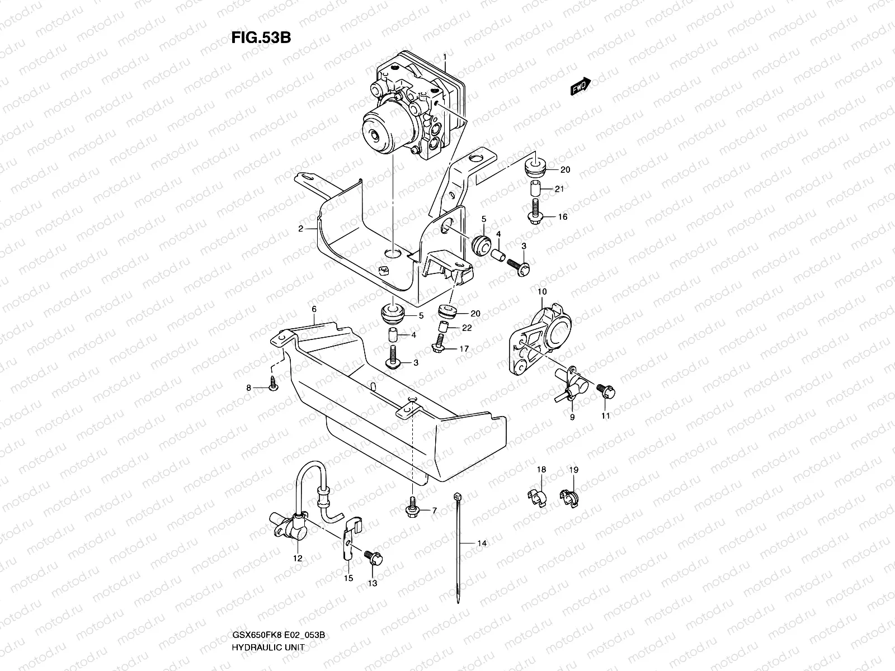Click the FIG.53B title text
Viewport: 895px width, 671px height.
coord(261,37)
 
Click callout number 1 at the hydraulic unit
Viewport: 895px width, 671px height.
coord(445,57)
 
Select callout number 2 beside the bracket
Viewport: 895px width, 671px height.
coord(300,229)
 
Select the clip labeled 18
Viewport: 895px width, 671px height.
coord(537,497)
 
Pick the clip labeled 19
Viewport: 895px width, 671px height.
coord(569,496)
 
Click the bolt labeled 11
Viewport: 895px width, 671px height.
coord(605,391)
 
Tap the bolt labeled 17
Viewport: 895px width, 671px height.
coord(439,347)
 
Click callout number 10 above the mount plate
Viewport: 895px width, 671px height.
coord(542,292)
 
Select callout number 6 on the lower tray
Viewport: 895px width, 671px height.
coord(314,309)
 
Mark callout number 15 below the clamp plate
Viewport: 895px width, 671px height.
coord(348,579)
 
